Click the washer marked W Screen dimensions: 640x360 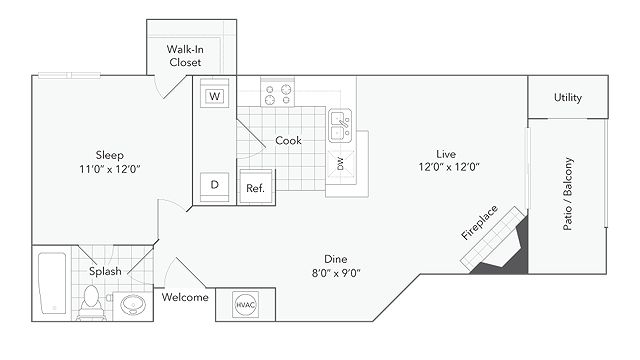pos(214,93)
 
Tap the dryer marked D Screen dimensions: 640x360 pos(214,187)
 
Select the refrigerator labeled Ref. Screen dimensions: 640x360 pos(256,187)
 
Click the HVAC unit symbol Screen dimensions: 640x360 pos(245,304)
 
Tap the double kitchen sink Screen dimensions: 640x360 pos(340,125)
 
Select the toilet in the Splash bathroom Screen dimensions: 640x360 pos(91,302)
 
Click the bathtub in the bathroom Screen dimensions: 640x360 pos(52,283)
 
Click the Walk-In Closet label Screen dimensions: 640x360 pos(185,56)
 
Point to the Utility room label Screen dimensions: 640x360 pos(568,98)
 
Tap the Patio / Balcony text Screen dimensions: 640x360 pos(568,194)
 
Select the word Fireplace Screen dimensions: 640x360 pos(480,222)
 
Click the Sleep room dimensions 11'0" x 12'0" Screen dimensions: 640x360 pos(110,169)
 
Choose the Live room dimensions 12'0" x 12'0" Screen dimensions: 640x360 pos(449,167)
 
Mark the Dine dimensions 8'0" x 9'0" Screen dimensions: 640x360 pos(336,273)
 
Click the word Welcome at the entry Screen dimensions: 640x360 pos(185,297)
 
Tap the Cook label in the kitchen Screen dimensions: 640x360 pos(288,140)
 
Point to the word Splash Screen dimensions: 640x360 pos(105,271)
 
